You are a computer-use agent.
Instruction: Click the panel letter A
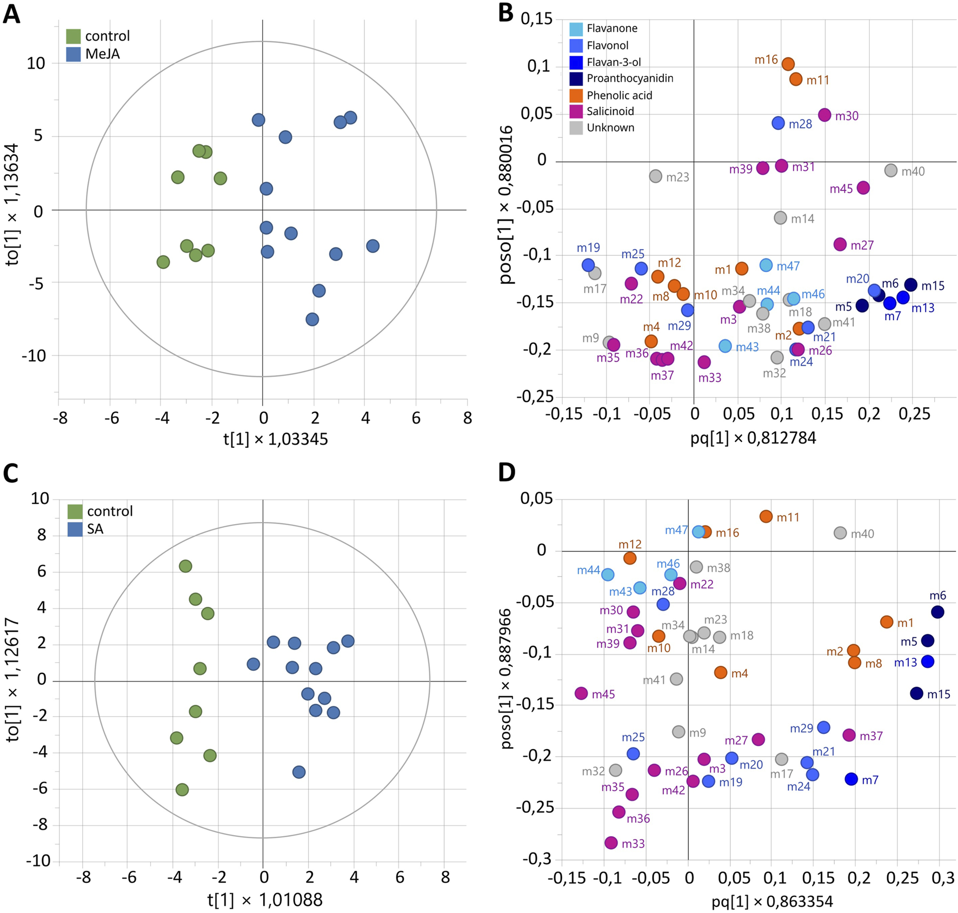point(11,14)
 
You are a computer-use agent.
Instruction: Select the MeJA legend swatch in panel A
point(74,54)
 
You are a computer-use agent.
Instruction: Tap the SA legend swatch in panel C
point(75,529)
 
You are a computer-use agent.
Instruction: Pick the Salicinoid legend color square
point(576,111)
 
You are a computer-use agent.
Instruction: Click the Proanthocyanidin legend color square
point(576,79)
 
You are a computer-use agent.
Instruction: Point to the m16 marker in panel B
point(788,64)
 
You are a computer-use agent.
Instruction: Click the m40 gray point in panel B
point(891,171)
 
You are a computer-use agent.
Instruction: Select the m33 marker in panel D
point(611,843)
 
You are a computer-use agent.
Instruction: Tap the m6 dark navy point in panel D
point(937,612)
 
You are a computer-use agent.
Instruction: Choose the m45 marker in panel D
point(581,693)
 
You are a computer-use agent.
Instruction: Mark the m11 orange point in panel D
point(766,517)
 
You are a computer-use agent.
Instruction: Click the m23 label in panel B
point(677,177)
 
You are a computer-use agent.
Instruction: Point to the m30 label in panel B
point(847,116)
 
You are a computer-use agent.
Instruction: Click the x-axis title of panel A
point(276,439)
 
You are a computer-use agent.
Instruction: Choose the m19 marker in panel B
point(588,265)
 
